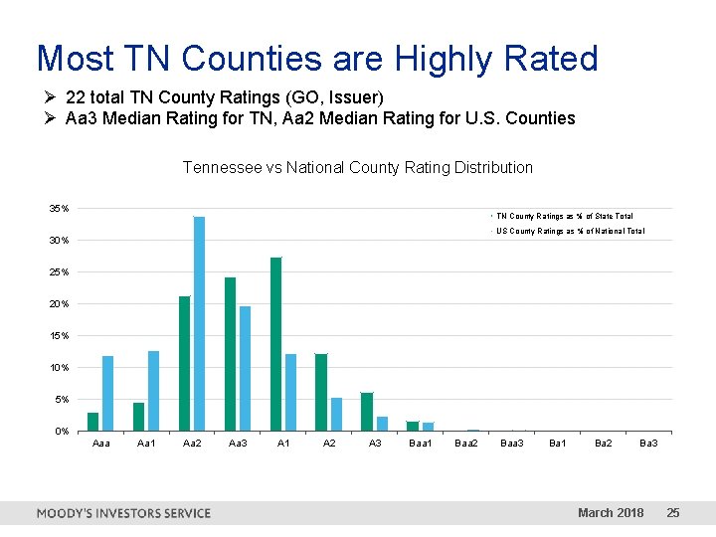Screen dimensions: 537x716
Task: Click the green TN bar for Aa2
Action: point(185,364)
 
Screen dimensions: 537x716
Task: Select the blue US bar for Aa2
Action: point(199,324)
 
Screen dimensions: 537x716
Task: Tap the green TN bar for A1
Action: point(275,344)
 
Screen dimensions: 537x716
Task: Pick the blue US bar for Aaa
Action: point(107,394)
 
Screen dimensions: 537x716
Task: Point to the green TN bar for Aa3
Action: point(230,354)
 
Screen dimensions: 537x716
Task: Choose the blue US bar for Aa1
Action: point(153,391)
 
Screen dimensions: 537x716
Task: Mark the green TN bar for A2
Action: point(321,393)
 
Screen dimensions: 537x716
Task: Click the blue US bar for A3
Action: point(382,424)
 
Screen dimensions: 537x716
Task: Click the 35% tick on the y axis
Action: point(60,209)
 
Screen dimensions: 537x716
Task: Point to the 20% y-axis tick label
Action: point(60,304)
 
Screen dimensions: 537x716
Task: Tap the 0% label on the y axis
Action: point(62,432)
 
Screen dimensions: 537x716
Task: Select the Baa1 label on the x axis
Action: point(421,443)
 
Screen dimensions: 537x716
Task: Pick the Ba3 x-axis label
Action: point(648,443)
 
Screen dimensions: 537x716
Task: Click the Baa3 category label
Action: point(512,443)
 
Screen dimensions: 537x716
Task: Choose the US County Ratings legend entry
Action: point(570,231)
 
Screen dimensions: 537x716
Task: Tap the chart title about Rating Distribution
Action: point(358,168)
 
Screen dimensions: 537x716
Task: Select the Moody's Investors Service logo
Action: point(123,513)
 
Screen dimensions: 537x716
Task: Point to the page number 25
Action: point(673,513)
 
